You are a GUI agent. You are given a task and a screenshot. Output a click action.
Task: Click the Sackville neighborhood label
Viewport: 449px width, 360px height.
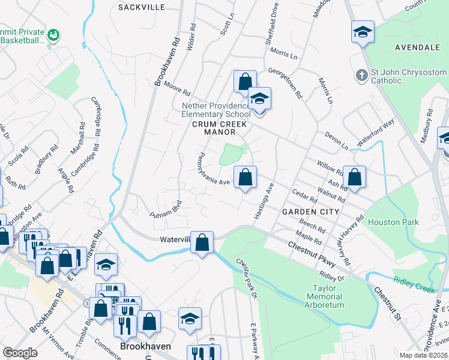141,7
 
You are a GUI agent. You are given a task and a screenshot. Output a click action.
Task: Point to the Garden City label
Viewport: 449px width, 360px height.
310,212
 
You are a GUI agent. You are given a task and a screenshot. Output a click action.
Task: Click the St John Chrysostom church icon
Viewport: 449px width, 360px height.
361,75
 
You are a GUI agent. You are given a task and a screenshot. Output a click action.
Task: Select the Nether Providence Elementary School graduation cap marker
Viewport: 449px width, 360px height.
259,98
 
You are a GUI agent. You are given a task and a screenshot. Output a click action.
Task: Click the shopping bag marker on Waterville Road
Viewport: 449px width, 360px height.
203,243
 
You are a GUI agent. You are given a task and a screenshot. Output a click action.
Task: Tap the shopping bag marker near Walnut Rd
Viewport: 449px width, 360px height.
355,177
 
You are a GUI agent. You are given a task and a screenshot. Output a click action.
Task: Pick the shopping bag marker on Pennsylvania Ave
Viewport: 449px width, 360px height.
245,177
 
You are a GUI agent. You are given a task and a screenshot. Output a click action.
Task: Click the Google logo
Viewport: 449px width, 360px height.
20,353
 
